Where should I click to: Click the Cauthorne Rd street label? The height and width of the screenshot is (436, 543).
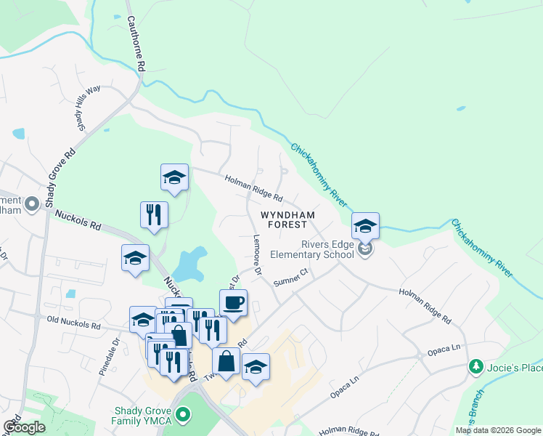pos(136,44)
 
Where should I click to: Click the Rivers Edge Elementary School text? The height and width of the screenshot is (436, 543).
pos(311,249)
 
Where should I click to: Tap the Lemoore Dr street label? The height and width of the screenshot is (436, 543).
pos(256,255)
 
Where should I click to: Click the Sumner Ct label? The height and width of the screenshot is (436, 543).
pos(291,276)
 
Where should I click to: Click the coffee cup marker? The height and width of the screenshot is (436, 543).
pos(233,302)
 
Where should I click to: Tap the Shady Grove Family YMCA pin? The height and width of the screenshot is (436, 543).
pos(184,416)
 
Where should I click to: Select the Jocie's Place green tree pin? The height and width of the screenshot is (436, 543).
pos(475,366)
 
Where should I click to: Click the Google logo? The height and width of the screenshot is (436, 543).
pos(24,427)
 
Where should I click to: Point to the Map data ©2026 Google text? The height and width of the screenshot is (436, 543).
pos(498,430)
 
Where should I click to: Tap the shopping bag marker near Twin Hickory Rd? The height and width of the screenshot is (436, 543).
pos(226,360)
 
